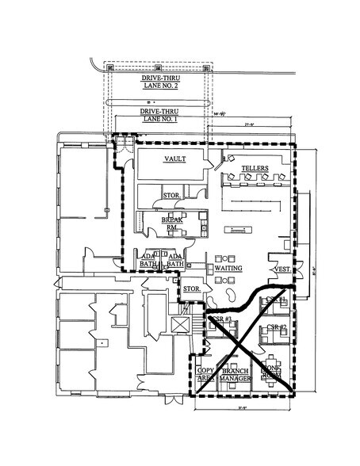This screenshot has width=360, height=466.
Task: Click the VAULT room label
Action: click(174, 159)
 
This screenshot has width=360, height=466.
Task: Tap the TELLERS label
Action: click(255, 170)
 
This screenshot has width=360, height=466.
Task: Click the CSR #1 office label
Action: click(275, 300)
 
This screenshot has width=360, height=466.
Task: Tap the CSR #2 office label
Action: click(275, 327)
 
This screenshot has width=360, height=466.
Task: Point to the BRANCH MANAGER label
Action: click(235, 375)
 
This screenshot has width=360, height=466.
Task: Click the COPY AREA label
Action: click(205, 375)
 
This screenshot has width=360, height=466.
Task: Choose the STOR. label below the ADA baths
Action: click(191, 289)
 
